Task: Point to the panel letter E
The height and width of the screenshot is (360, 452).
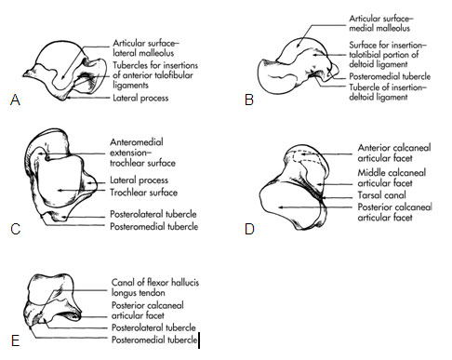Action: pos(14,340)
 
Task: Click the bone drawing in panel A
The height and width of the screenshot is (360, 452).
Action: pos(65,70)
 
